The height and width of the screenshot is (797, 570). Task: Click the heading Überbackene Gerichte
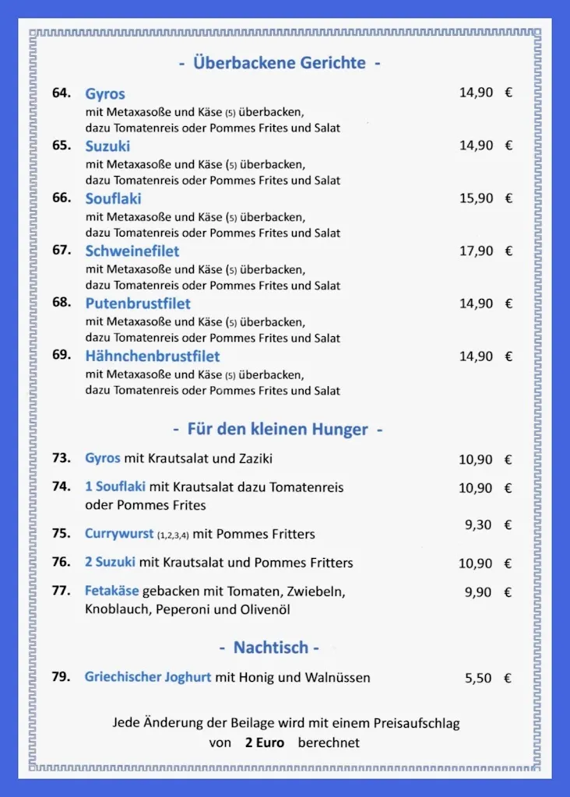point(280,63)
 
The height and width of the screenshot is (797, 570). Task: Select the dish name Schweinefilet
point(132,251)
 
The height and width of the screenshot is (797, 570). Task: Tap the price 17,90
point(476,251)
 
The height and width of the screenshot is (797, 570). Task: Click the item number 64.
point(62,93)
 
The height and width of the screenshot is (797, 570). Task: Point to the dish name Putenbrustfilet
point(138,304)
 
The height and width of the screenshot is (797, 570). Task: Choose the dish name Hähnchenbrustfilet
point(153,356)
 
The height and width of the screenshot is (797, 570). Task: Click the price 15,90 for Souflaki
point(476,198)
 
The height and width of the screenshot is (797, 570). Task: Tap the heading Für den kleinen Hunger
point(278,429)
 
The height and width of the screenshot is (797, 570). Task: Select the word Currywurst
point(119,534)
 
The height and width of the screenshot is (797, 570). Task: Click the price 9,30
point(478,525)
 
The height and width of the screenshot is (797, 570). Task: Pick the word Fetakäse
point(111,592)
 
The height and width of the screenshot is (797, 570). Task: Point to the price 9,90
point(478,592)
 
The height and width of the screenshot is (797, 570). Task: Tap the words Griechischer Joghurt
point(148,677)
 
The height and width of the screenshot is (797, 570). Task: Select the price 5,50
point(478,678)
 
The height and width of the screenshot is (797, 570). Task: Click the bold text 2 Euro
point(265,743)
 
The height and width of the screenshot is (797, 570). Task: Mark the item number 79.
point(62,676)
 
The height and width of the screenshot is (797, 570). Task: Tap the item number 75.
point(62,533)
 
